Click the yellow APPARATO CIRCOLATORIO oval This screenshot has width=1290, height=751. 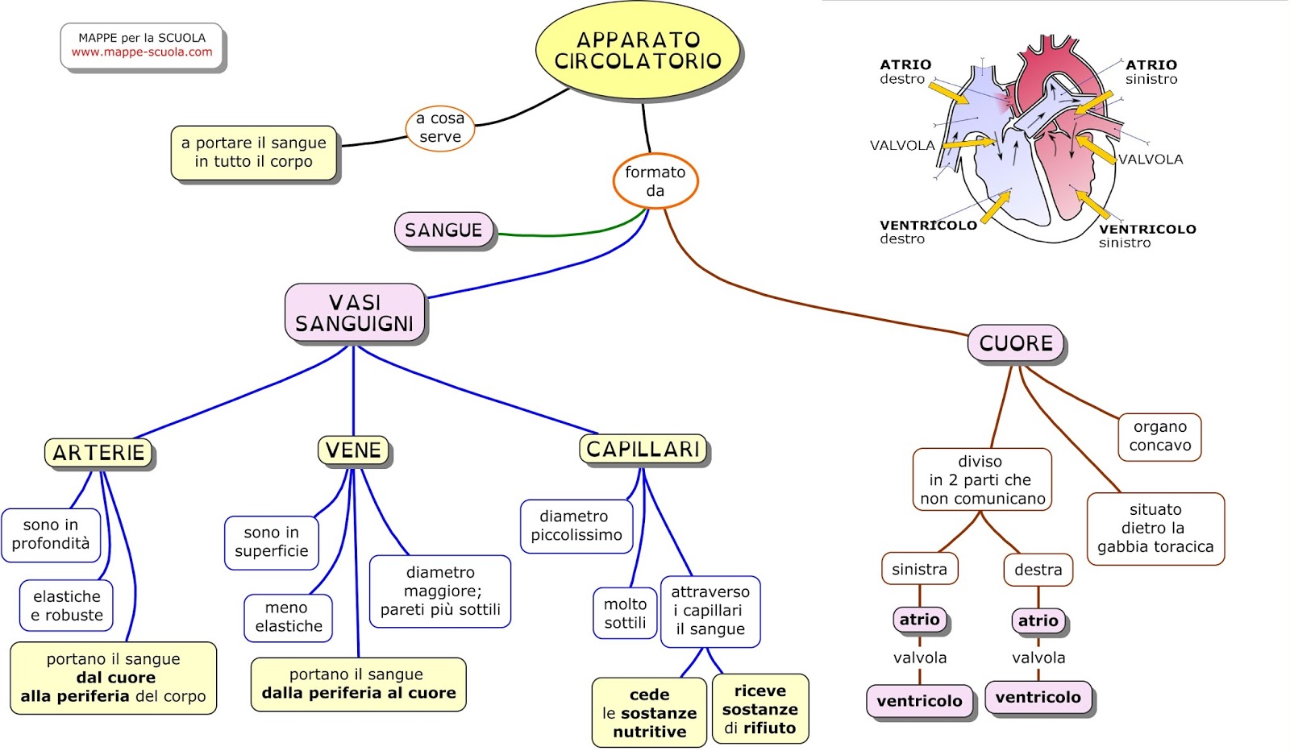638,50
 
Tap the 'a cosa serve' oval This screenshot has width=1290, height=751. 439,128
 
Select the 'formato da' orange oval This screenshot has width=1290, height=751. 655,181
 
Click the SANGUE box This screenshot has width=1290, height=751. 443,230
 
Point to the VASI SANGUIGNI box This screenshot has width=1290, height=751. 355,313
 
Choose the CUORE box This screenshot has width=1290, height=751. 1016,343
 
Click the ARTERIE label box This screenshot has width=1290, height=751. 98,453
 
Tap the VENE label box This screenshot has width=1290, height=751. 353,450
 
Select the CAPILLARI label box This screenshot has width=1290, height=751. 643,449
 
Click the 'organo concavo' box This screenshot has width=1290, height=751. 1159,437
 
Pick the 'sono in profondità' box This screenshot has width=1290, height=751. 51,534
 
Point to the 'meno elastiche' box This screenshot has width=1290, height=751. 288,617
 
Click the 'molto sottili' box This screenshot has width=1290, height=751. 625,613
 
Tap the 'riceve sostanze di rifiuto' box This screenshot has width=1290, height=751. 759,709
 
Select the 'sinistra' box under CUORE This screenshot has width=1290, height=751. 919,569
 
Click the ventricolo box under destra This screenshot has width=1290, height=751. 1038,698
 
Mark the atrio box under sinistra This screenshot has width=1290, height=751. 919,620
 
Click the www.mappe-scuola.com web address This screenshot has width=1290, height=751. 142,52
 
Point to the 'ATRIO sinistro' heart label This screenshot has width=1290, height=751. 1151,72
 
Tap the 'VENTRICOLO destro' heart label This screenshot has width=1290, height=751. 927,232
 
